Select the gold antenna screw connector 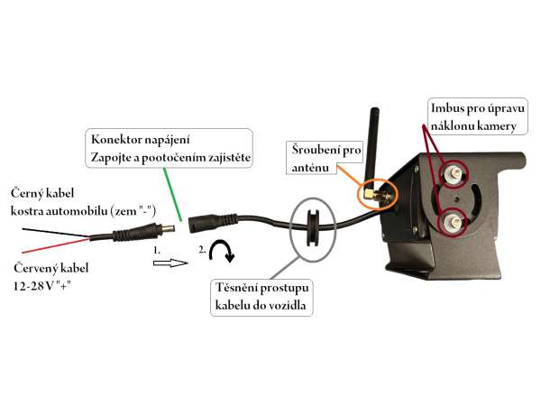coord(375,192)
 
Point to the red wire coord(54,248)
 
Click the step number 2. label coord(203,249)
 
